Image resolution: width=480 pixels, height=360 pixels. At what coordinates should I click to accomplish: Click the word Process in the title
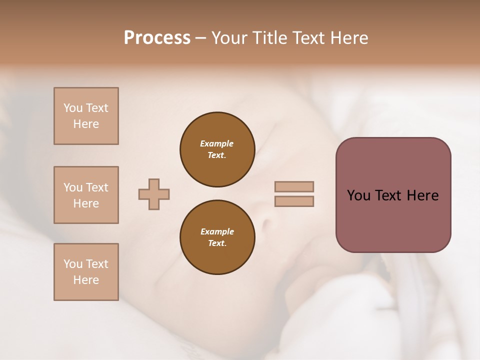(x=157, y=38)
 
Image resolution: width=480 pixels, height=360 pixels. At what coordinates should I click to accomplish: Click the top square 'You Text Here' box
(x=86, y=116)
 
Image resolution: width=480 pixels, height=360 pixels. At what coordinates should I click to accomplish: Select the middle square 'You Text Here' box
(x=86, y=195)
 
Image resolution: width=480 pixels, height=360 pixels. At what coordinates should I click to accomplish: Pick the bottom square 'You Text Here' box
(x=86, y=272)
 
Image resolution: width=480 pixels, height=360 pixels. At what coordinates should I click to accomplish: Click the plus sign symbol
(x=154, y=194)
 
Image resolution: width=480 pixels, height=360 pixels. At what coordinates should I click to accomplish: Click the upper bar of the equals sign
(x=294, y=186)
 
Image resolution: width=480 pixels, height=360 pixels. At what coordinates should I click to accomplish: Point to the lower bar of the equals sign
(x=294, y=201)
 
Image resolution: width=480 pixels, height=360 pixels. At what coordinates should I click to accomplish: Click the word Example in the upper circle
(x=217, y=143)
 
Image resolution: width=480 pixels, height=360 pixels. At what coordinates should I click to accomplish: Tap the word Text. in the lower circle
(x=217, y=243)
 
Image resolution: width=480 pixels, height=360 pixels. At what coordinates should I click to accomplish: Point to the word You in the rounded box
(x=358, y=195)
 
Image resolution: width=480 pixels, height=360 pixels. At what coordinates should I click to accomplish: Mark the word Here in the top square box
(x=86, y=124)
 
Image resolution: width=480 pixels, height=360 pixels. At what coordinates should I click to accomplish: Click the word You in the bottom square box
(x=73, y=264)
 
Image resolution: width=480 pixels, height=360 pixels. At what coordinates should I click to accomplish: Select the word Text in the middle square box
(x=97, y=187)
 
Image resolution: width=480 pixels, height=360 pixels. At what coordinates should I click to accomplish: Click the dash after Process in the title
(x=200, y=38)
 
